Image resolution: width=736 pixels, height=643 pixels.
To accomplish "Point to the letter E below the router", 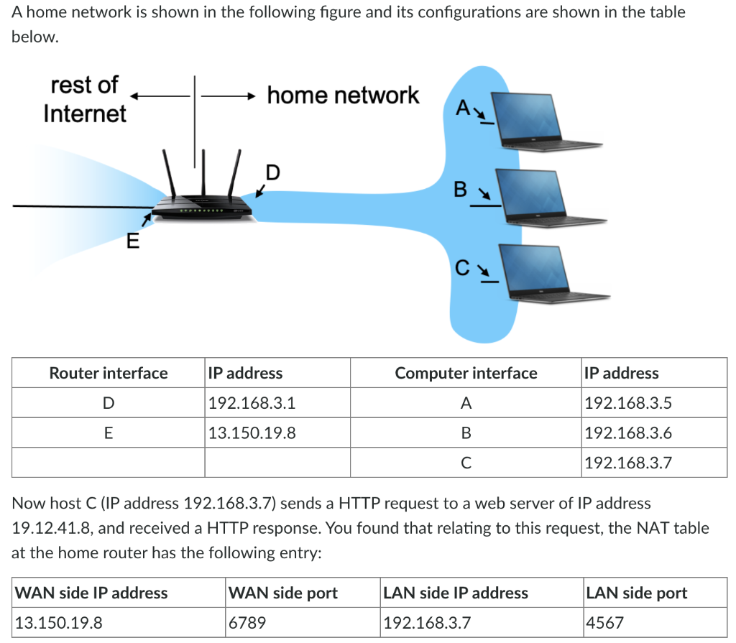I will pyautogui.click(x=132, y=241).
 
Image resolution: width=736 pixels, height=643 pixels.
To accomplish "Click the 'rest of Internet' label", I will pyautogui.click(x=84, y=99).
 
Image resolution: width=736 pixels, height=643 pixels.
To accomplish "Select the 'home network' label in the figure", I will pyautogui.click(x=342, y=95).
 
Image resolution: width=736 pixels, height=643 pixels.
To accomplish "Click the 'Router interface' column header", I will pyautogui.click(x=108, y=373).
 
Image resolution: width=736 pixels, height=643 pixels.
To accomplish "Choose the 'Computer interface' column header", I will pyautogui.click(x=466, y=373).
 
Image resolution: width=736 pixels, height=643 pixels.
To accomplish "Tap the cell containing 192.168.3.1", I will pyautogui.click(x=252, y=403).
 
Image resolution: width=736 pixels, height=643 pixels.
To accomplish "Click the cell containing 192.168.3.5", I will pyautogui.click(x=628, y=403).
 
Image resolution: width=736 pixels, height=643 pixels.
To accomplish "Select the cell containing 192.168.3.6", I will pyautogui.click(x=628, y=433).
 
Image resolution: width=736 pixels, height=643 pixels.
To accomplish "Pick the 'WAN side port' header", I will pyautogui.click(x=282, y=593).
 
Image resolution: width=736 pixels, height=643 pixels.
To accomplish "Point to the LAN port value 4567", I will pyautogui.click(x=605, y=623).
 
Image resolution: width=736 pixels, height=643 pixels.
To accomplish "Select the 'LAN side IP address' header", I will pyautogui.click(x=456, y=593).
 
